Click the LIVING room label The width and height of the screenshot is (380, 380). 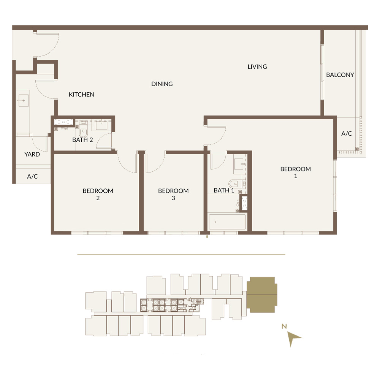tap(257, 66)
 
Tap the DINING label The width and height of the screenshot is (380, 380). tap(162, 84)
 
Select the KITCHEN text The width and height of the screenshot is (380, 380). tap(81, 95)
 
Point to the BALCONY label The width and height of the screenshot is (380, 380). tap(340, 75)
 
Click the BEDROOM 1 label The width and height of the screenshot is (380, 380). tap(295, 172)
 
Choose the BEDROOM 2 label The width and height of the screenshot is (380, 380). tap(98, 194)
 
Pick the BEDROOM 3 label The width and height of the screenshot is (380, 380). tap(173, 194)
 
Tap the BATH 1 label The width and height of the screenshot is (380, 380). tap(224, 190)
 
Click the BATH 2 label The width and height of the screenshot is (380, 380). tap(82, 140)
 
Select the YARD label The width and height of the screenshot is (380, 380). tap(32, 154)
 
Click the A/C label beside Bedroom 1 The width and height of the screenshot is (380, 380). tap(347, 133)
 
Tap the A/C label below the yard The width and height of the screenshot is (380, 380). tap(32, 176)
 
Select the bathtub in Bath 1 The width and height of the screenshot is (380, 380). tap(227, 222)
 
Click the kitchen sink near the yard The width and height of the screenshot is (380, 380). tap(23, 100)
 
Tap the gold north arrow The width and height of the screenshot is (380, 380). tap(294, 338)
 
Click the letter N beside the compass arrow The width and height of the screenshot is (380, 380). tap(284, 326)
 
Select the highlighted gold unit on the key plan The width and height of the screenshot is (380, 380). tap(262, 295)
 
